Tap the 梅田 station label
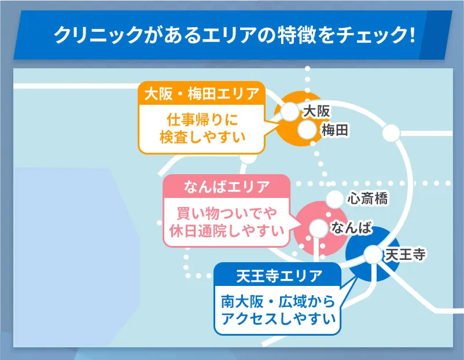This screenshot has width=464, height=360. click(x=335, y=131)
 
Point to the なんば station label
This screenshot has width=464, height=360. click(x=351, y=228)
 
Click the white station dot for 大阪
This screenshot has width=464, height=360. click(x=289, y=111)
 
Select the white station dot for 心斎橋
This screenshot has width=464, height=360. click(x=334, y=199)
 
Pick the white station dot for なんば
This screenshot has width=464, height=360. click(x=317, y=229)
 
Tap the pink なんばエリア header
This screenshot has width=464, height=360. click(x=226, y=186)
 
